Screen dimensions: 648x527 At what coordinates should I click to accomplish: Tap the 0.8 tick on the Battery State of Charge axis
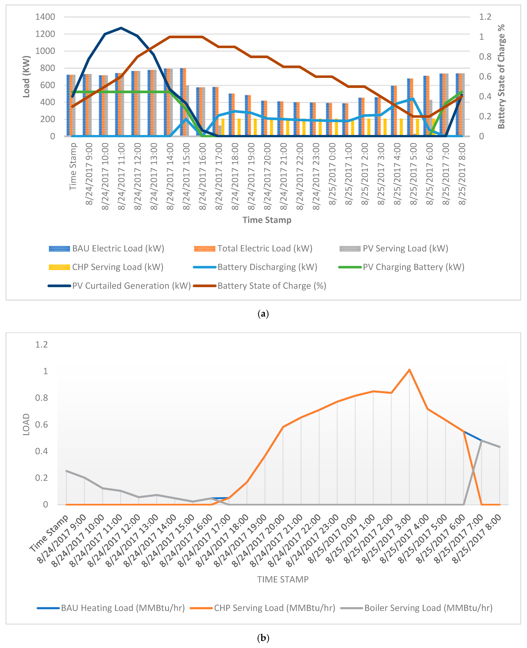(485, 57)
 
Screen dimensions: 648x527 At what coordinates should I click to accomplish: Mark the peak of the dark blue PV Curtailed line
(121, 28)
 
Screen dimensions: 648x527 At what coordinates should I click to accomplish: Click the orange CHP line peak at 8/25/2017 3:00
(409, 370)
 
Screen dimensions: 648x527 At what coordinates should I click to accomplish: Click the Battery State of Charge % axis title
(501, 77)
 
